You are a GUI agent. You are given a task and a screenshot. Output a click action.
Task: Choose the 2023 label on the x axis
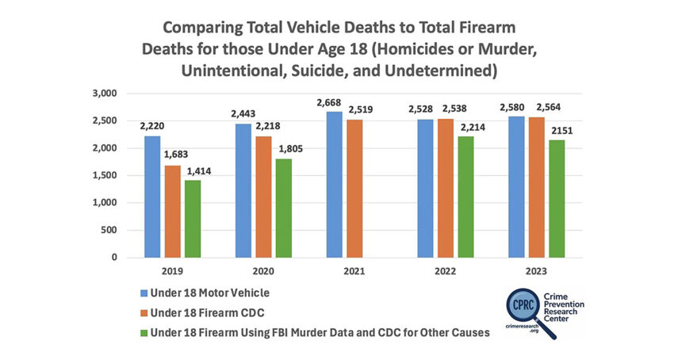coord(536,270)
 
